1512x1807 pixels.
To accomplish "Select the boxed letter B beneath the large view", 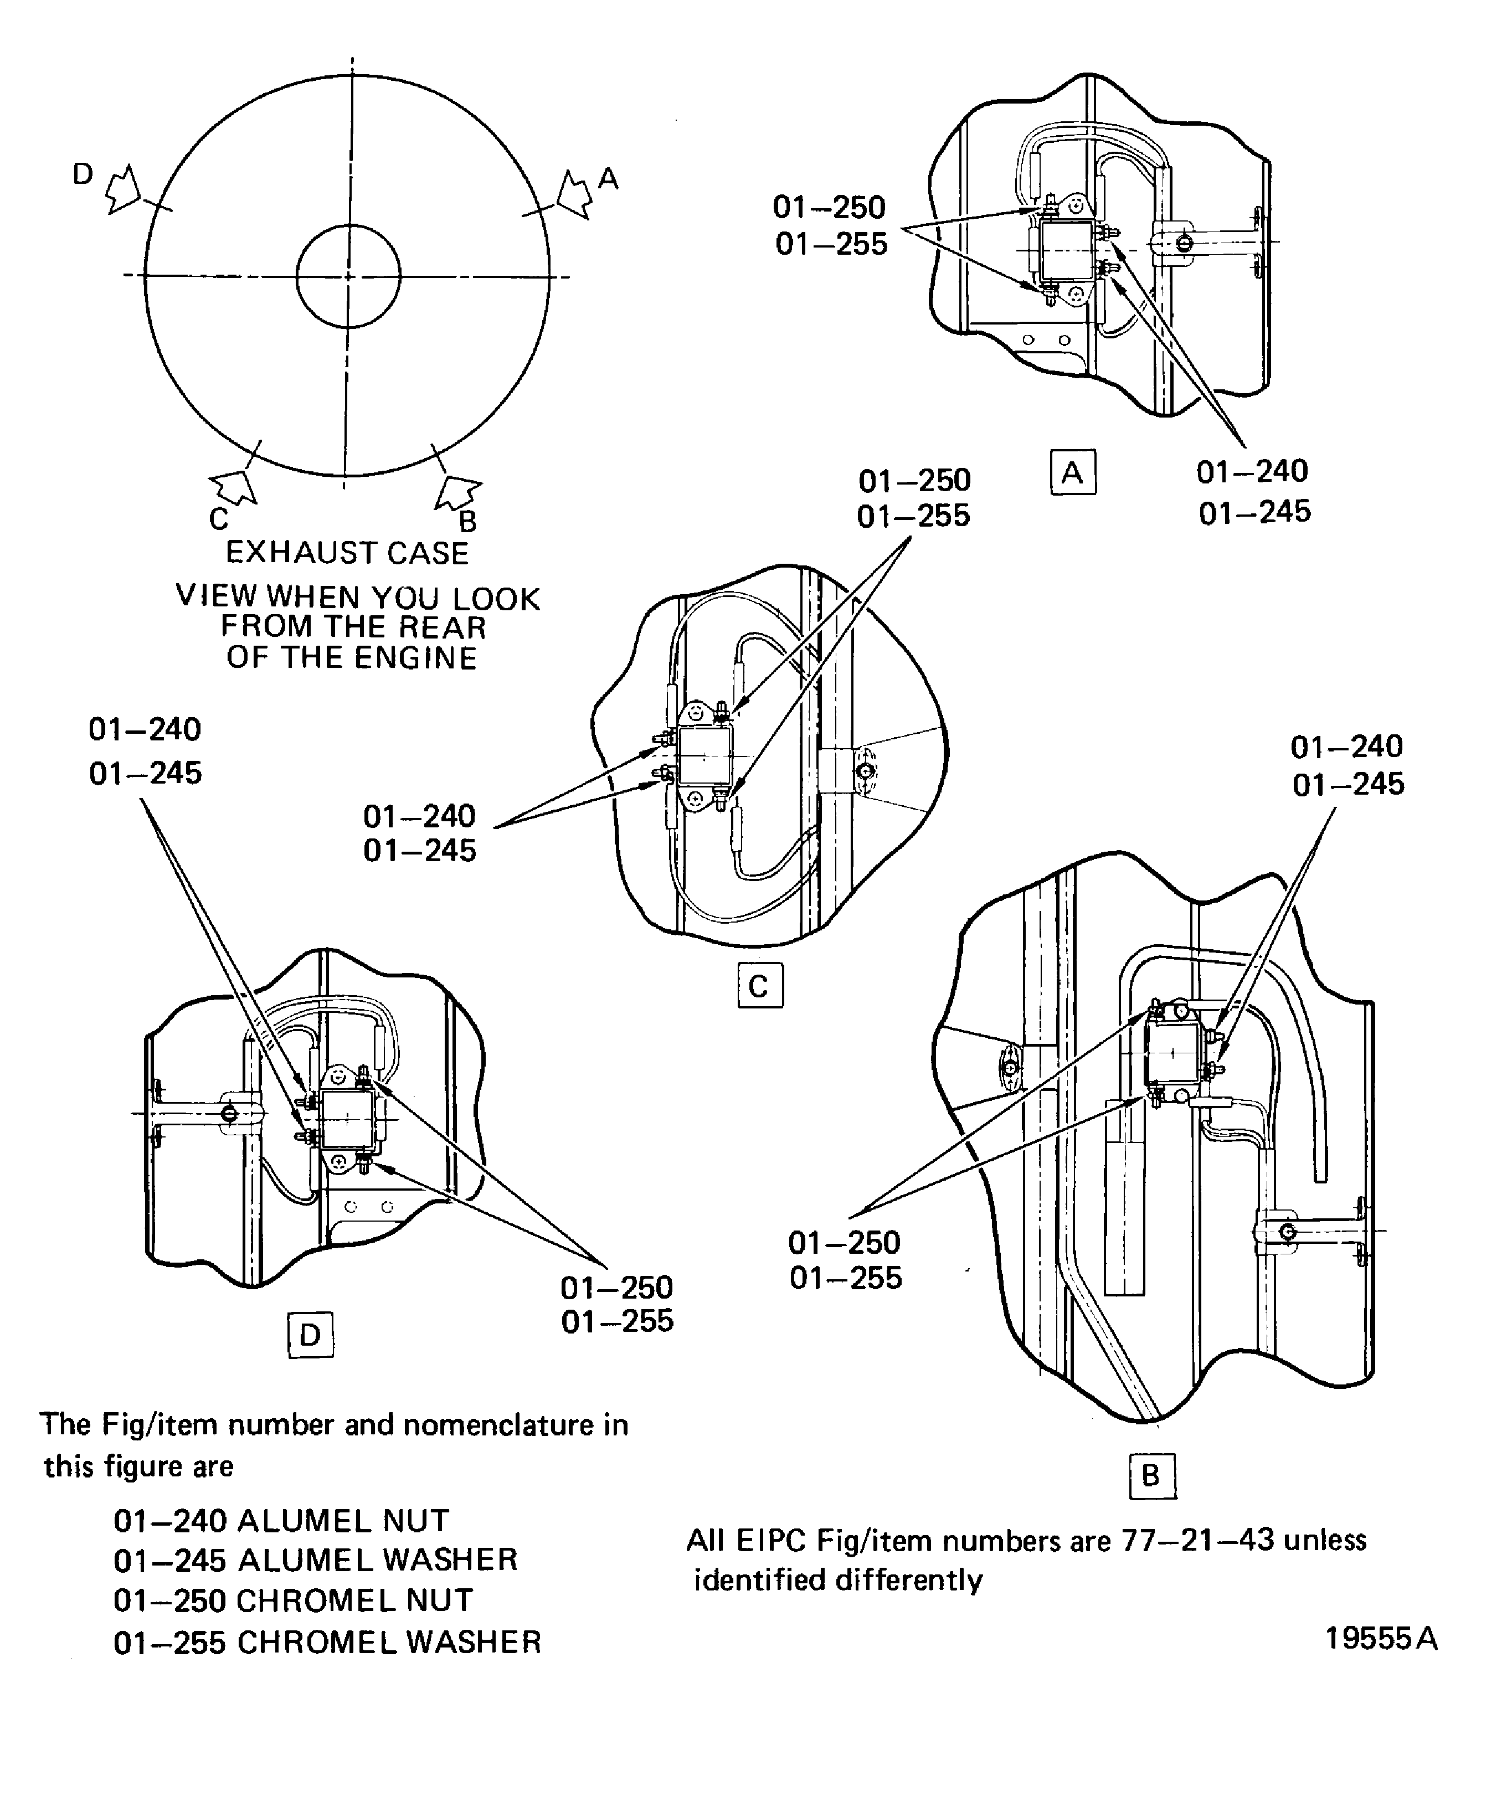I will click(1150, 1476).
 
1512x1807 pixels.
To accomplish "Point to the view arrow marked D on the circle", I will click(122, 189).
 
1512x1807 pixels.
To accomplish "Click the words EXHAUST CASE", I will click(347, 553).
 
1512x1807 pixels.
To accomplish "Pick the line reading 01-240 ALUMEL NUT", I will click(281, 1521).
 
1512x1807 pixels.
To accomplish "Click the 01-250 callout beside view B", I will click(844, 1243).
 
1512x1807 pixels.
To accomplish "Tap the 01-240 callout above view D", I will click(145, 730).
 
